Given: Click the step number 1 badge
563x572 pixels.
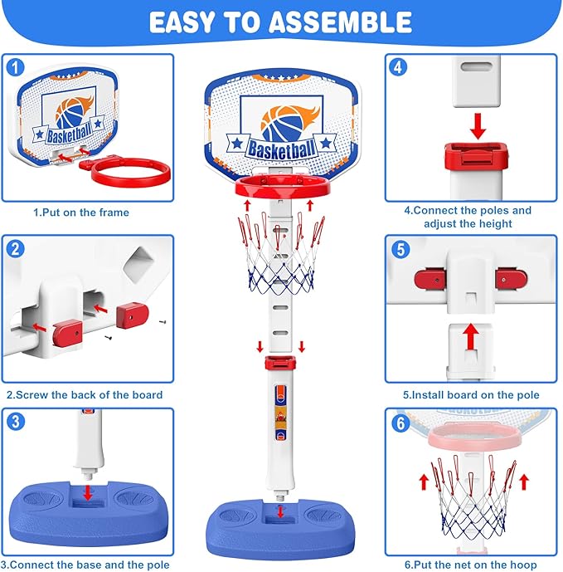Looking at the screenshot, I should tap(17, 66).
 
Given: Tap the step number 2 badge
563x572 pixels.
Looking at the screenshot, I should tap(17, 247).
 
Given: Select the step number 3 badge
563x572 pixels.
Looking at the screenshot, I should tap(17, 421).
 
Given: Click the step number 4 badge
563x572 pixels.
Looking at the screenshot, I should tap(399, 66).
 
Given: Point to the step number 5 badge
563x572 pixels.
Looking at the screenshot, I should tap(399, 247).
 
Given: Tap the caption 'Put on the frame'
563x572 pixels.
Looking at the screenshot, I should tap(81, 213).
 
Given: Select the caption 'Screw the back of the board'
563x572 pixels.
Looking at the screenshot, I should tap(84, 394).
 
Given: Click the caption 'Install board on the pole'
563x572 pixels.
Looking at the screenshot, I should tap(471, 394).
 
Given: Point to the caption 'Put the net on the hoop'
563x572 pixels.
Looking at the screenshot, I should tap(471, 564).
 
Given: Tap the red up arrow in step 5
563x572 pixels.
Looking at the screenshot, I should tap(471, 337).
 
